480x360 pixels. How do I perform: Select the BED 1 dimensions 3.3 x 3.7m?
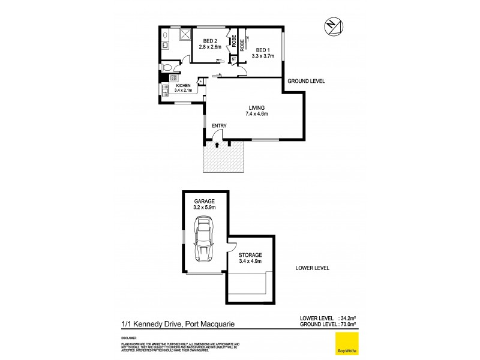(265, 56)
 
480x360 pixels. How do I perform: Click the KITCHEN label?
(183, 85)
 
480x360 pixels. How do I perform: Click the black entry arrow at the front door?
(217, 144)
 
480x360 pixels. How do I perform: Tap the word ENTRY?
(219, 125)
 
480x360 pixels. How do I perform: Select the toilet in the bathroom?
(169, 67)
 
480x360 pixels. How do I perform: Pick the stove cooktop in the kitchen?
(173, 78)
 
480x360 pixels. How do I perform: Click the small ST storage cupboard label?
(234, 58)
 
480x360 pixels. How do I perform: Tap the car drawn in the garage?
(204, 240)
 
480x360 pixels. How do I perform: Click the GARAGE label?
(204, 202)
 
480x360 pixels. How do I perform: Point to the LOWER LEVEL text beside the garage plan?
(312, 268)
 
